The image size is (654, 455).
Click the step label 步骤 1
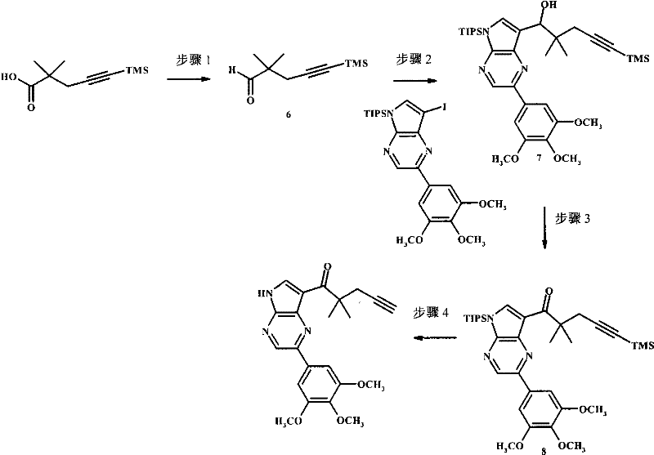point(194,60)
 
